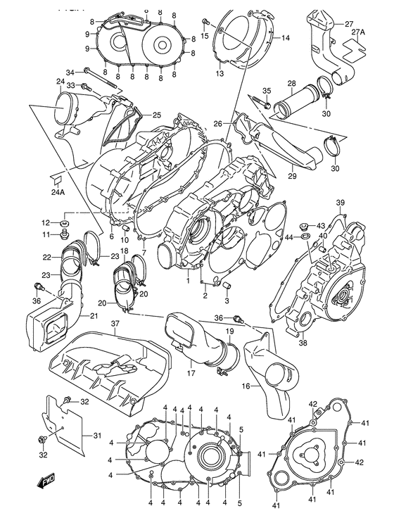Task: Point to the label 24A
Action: tap(57, 191)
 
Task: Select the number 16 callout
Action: tap(246, 386)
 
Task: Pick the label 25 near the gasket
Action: tap(157, 115)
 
